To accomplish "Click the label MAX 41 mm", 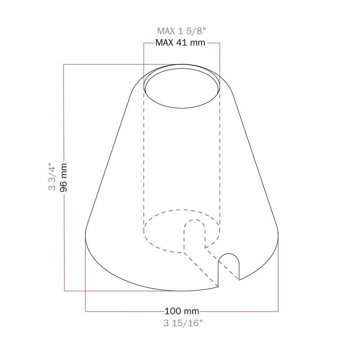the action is tap(180, 43).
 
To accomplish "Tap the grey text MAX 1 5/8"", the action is tap(181, 31).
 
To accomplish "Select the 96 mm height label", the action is tap(63, 177).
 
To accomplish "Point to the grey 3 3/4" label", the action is tap(52, 177).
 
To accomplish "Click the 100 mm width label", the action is tap(182, 311).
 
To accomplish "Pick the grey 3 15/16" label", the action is tap(183, 323).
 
